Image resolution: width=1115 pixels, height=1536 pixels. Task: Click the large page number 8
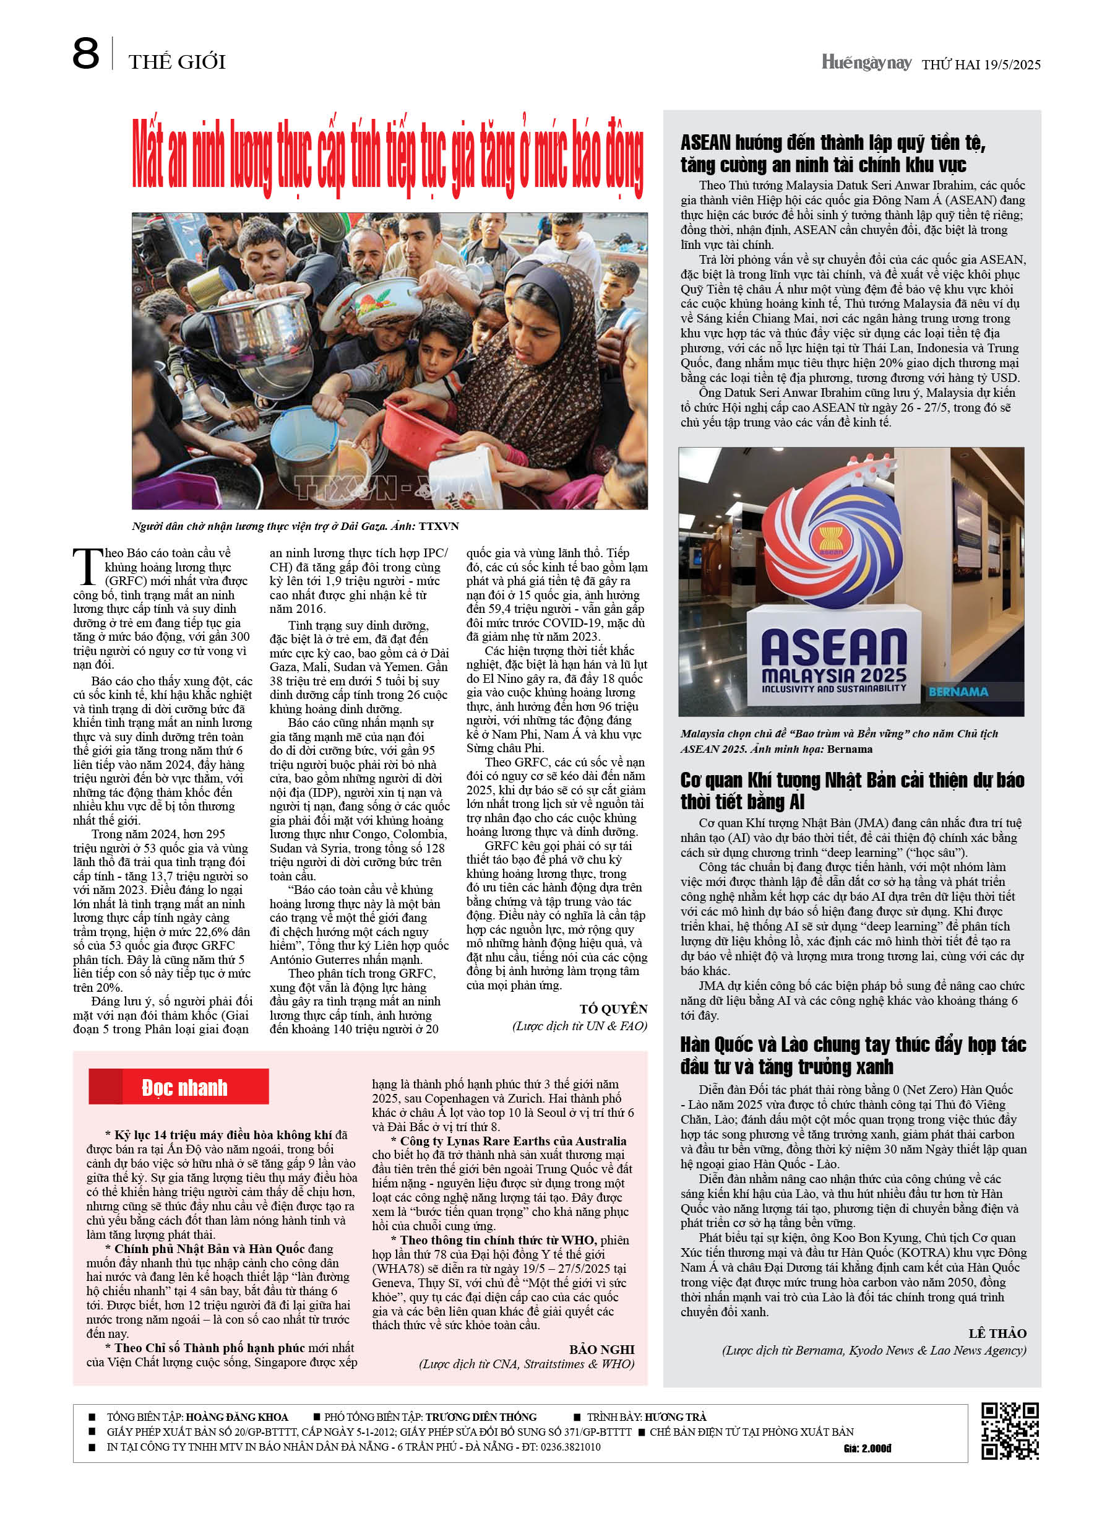(x=86, y=55)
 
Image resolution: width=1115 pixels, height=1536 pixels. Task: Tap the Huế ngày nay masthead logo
(x=866, y=63)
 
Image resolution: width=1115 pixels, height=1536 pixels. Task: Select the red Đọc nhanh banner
(x=179, y=1087)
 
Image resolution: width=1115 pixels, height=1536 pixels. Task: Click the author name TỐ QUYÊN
(x=613, y=1009)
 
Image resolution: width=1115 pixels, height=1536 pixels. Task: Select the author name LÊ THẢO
(x=997, y=1334)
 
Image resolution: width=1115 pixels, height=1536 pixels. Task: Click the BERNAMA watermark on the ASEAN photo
(x=958, y=692)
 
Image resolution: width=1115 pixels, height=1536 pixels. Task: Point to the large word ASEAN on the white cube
(x=833, y=648)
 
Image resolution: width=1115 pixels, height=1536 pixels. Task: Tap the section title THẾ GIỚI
(x=177, y=63)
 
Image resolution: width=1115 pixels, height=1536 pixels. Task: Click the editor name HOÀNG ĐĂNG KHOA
(x=236, y=1417)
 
